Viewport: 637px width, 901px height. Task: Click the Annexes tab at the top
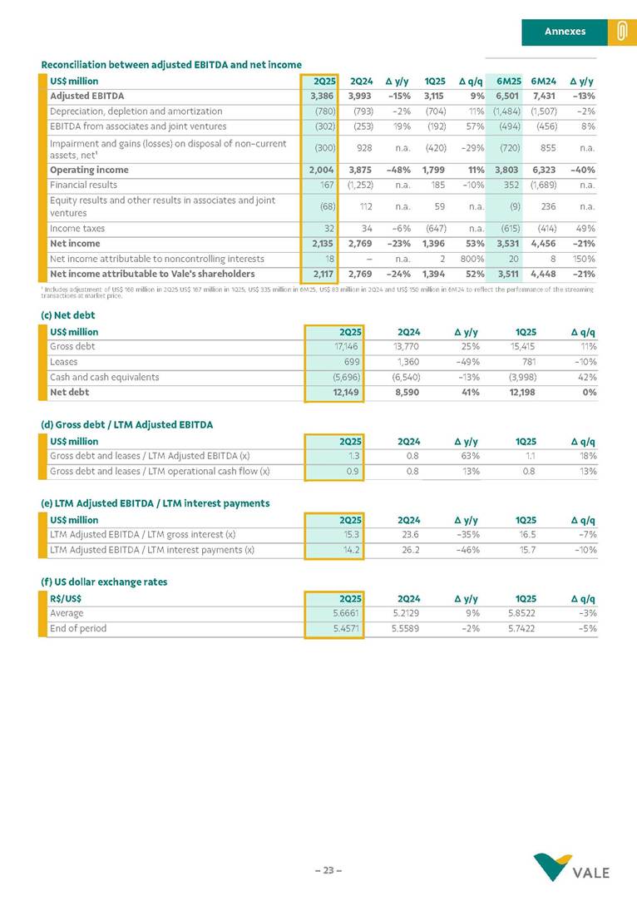pyautogui.click(x=565, y=32)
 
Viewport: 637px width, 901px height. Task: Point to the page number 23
pyautogui.click(x=328, y=870)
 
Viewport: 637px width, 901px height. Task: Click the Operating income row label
pyautogui.click(x=87, y=170)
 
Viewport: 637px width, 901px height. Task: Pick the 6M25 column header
pyautogui.click(x=508, y=82)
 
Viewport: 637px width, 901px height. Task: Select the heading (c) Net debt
pyautogui.click(x=68, y=315)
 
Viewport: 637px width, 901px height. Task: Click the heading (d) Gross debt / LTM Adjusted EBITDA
pyautogui.click(x=126, y=424)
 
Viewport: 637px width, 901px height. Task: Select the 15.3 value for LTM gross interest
pyautogui.click(x=351, y=535)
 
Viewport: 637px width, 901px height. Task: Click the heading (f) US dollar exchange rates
pyautogui.click(x=103, y=582)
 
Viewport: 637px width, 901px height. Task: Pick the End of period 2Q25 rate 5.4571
pyautogui.click(x=345, y=628)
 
